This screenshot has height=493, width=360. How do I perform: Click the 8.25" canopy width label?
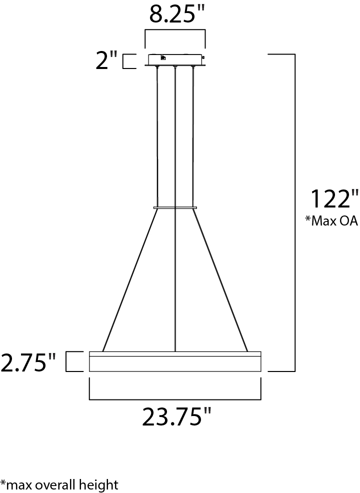tap(175, 15)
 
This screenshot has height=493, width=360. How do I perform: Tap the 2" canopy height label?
tap(106, 61)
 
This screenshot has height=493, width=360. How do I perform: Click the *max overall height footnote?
tap(59, 484)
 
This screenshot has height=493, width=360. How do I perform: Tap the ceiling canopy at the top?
tap(175, 59)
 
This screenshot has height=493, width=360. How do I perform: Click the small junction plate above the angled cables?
tap(175, 207)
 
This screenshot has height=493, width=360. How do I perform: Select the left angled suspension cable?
tap(130, 280)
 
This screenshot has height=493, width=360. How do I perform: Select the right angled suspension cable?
tap(220, 280)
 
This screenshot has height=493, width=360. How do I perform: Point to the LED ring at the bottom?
tap(175, 362)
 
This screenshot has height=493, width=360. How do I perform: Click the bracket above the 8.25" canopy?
tap(175, 31)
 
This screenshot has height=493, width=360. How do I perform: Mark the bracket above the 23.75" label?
tap(175, 399)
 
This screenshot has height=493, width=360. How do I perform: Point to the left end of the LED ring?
tap(91, 362)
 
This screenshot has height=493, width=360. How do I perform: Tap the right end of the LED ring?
tap(259, 362)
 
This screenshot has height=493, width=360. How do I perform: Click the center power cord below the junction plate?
tap(175, 280)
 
